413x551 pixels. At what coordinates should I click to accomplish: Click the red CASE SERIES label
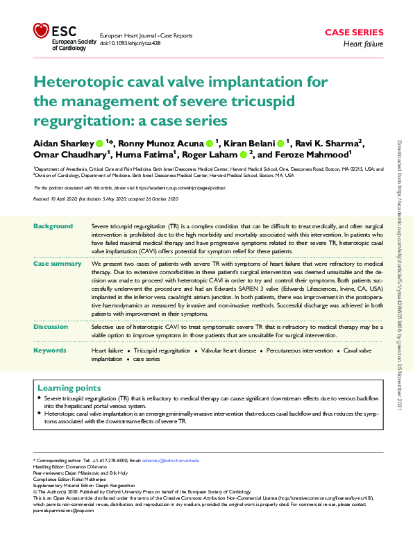click(x=354, y=32)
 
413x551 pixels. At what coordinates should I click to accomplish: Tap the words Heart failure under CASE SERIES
click(x=364, y=44)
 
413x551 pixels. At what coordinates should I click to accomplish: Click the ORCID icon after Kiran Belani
click(x=281, y=144)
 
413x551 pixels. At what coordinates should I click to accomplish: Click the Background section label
click(x=53, y=226)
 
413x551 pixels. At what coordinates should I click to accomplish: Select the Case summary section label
click(x=58, y=264)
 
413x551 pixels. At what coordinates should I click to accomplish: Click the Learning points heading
click(x=69, y=388)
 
